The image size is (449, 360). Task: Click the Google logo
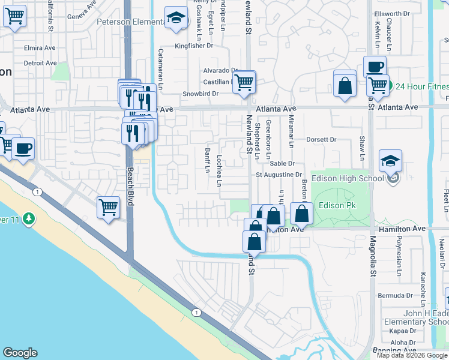pos(20,353)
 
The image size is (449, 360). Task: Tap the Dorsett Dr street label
pos(321,140)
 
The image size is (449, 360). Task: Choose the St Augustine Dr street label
pos(279,175)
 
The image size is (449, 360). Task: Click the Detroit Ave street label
pos(40,63)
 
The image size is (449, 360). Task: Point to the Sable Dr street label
pos(282,163)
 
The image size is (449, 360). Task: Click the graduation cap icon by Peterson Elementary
pos(176,19)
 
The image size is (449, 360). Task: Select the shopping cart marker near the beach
pos(108,208)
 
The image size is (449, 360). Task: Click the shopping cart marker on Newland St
pos(244,83)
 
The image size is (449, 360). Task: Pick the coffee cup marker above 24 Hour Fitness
pos(375,67)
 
